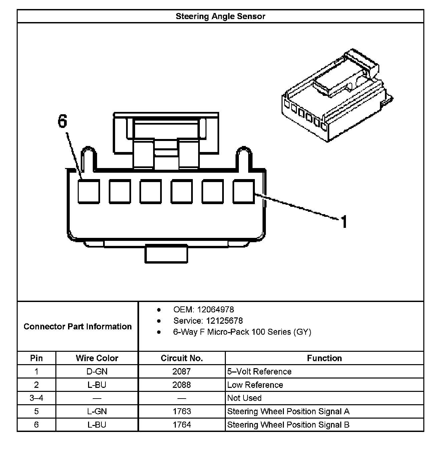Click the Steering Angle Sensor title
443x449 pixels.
220,16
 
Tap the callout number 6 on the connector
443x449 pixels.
62,121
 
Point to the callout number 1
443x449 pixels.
344,221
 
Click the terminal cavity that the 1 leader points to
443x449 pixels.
243,191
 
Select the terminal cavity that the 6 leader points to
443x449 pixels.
88,191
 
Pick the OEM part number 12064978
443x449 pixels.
215,310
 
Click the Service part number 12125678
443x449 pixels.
224,321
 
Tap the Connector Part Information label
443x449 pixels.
77,326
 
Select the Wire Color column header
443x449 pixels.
97,358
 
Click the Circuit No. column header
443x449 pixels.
181,358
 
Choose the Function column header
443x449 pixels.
324,358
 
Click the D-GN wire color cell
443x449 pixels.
97,371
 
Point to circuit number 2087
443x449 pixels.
181,371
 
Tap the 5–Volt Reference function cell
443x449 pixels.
259,371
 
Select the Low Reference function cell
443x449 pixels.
255,385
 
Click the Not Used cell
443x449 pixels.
244,398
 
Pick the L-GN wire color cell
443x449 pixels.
97,412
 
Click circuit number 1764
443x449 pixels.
181,425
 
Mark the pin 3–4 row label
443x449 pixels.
36,398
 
